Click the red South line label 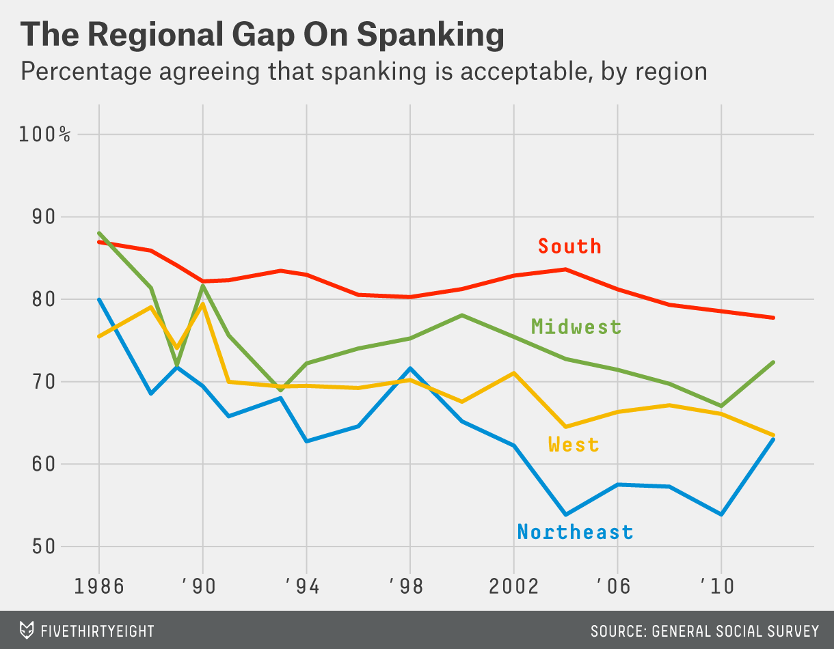click(x=569, y=246)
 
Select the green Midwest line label click(x=576, y=327)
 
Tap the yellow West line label click(x=574, y=445)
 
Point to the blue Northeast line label click(x=575, y=531)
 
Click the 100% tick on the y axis click(x=45, y=134)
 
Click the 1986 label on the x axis click(x=99, y=586)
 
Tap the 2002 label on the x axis click(x=514, y=586)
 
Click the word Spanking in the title click(x=418, y=35)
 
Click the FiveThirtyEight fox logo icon click(x=27, y=630)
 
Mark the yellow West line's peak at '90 click(x=203, y=303)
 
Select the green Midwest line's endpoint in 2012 click(x=773, y=362)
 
